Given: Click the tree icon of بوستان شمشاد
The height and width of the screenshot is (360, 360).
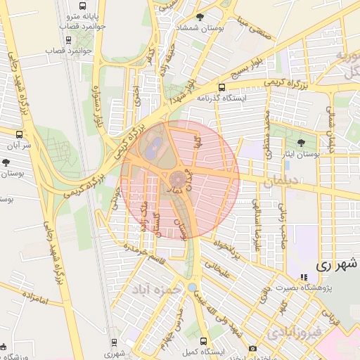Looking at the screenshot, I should point(200,17).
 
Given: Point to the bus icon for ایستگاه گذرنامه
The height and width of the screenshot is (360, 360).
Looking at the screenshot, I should point(222,88).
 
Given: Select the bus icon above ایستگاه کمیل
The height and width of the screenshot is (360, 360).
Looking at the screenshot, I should point(203,340).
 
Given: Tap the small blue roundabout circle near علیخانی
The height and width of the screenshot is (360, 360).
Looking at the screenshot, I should point(192,288).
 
